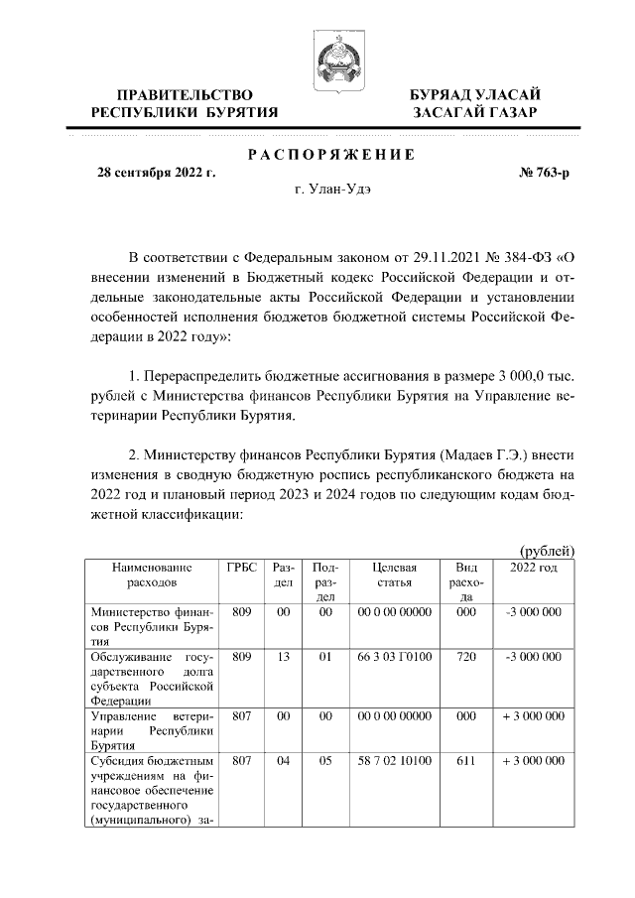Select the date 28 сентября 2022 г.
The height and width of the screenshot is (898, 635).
click(x=155, y=172)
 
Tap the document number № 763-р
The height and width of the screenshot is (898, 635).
click(x=545, y=172)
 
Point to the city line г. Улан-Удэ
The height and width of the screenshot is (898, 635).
click(x=333, y=190)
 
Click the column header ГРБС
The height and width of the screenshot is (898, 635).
click(x=241, y=567)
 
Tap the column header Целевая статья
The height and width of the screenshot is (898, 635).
click(x=394, y=574)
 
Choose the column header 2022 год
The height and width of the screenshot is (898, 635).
click(x=533, y=567)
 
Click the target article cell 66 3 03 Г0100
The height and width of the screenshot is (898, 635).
click(x=394, y=657)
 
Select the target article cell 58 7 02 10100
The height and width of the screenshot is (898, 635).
click(x=394, y=761)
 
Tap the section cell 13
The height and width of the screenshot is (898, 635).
click(x=283, y=657)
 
